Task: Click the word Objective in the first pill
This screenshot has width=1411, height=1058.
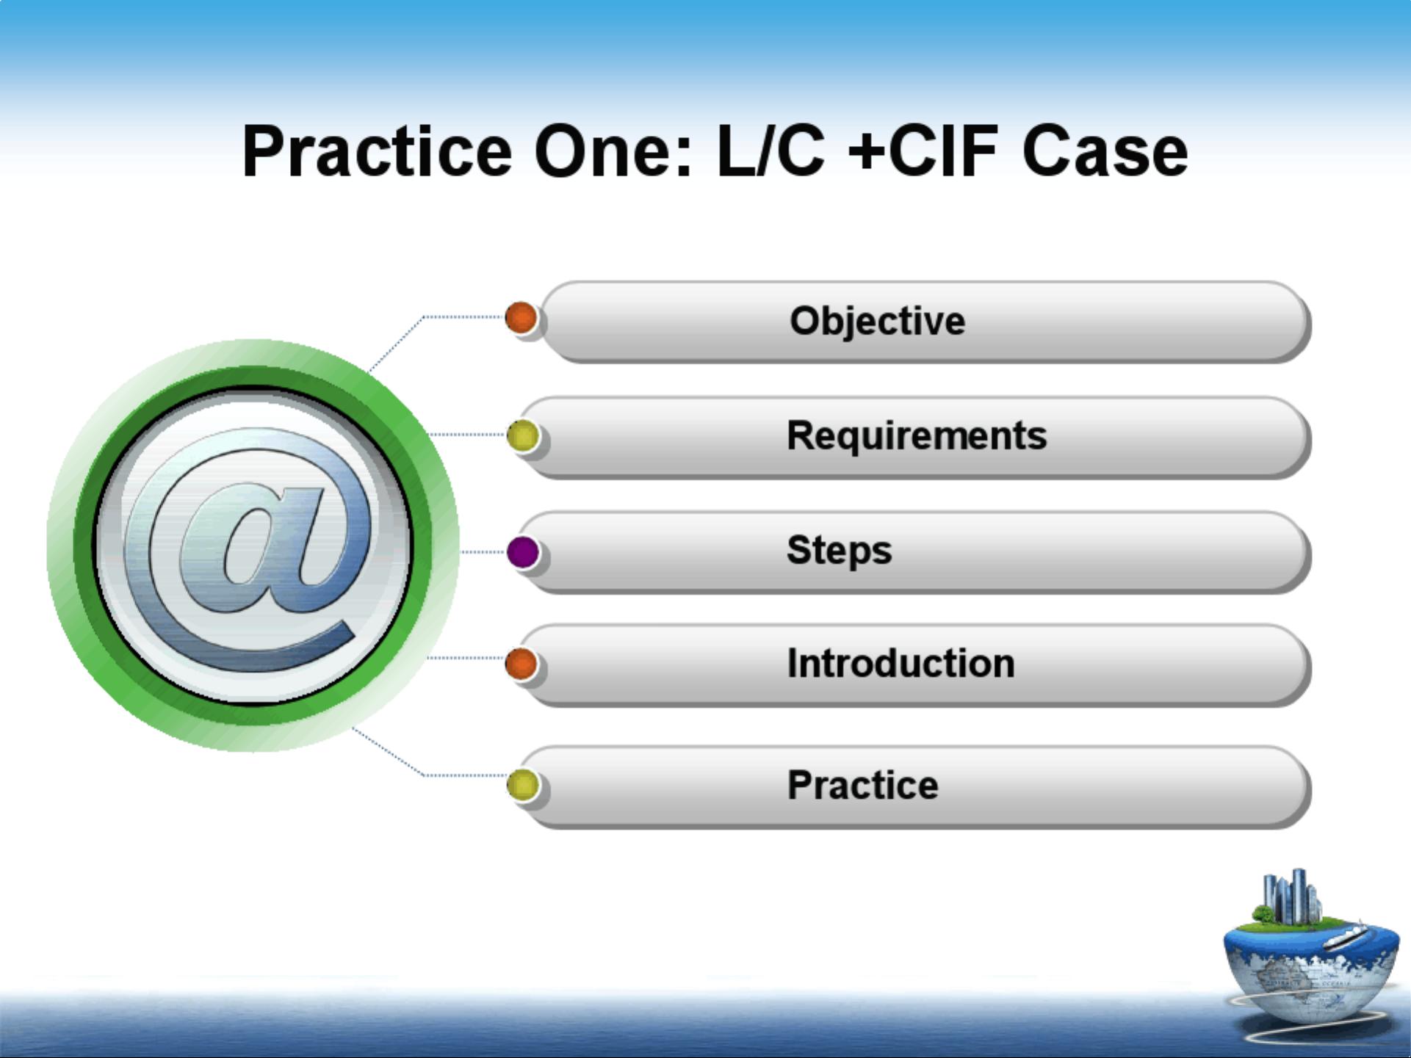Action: click(877, 322)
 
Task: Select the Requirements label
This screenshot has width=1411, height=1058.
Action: click(917, 435)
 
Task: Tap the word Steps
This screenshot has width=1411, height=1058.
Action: click(839, 550)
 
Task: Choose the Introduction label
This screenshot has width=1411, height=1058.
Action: click(901, 663)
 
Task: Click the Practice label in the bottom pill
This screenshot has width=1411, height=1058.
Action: click(862, 785)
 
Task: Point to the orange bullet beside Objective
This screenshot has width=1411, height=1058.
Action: click(522, 318)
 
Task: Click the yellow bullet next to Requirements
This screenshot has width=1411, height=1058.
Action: click(523, 436)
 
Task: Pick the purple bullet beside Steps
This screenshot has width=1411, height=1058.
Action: click(523, 552)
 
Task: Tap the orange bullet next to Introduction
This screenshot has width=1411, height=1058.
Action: click(522, 664)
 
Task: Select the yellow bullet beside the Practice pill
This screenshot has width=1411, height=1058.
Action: click(523, 784)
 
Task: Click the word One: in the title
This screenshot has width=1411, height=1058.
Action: click(613, 151)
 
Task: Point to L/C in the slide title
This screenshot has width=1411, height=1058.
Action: click(771, 151)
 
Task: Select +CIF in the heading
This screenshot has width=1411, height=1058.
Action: click(923, 151)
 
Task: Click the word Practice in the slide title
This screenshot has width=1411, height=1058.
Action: click(377, 151)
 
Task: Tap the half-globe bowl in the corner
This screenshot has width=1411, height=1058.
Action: click(1311, 969)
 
